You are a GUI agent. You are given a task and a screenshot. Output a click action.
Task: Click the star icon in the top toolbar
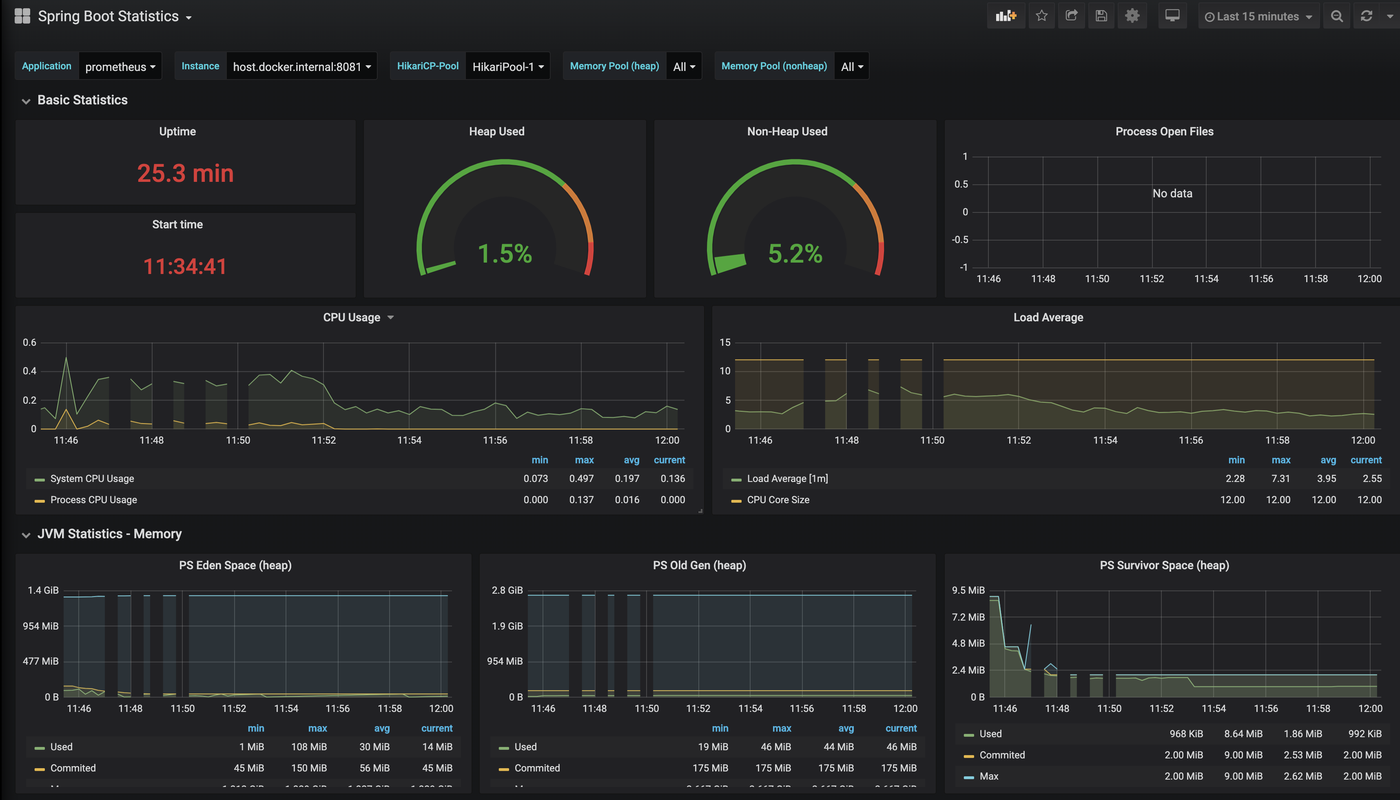pyautogui.click(x=1041, y=16)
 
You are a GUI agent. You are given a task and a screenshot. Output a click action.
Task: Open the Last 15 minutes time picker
pyautogui.click(x=1258, y=16)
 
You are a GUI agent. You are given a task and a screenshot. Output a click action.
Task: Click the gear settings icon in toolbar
pyautogui.click(x=1132, y=16)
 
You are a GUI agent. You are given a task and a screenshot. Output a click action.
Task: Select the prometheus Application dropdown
pyautogui.click(x=120, y=66)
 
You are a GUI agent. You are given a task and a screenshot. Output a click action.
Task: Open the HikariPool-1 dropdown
pyautogui.click(x=507, y=66)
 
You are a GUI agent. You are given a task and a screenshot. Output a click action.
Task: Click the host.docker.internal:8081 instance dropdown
pyautogui.click(x=301, y=66)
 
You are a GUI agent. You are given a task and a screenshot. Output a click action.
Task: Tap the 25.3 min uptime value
pyautogui.click(x=185, y=174)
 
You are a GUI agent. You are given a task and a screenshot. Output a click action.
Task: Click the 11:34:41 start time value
pyautogui.click(x=185, y=267)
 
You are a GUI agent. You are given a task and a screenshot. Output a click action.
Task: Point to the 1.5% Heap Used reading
pyautogui.click(x=505, y=254)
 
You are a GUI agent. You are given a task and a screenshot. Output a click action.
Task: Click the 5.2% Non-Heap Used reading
pyautogui.click(x=795, y=254)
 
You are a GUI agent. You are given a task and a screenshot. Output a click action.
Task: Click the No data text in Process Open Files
pyautogui.click(x=1172, y=193)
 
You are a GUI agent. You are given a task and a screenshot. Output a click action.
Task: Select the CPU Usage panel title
pyautogui.click(x=352, y=318)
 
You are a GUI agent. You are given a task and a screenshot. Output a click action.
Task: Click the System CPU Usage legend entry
pyautogui.click(x=92, y=479)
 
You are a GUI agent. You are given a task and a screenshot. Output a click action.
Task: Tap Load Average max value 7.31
pyautogui.click(x=1280, y=479)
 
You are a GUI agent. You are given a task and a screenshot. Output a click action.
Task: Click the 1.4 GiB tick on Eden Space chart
pyautogui.click(x=43, y=590)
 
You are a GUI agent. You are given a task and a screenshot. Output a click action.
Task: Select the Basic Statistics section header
pyautogui.click(x=82, y=100)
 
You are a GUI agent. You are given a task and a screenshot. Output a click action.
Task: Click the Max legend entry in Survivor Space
pyautogui.click(x=988, y=776)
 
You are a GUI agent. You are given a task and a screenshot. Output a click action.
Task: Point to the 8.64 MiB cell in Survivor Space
pyautogui.click(x=1243, y=734)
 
